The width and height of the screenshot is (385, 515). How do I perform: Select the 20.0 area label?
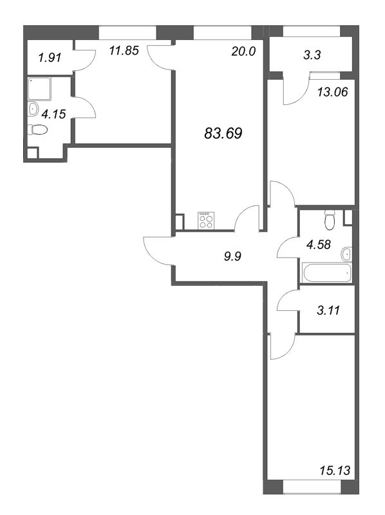pos(244,52)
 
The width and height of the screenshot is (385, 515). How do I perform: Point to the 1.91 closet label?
pos(50,57)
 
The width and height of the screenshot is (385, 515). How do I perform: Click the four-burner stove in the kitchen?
pos(207,221)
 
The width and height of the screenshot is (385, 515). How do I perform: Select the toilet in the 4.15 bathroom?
pos(39,131)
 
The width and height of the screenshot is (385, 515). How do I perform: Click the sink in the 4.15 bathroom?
pos(33,109)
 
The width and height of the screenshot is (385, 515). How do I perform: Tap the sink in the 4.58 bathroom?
pos(347,254)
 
